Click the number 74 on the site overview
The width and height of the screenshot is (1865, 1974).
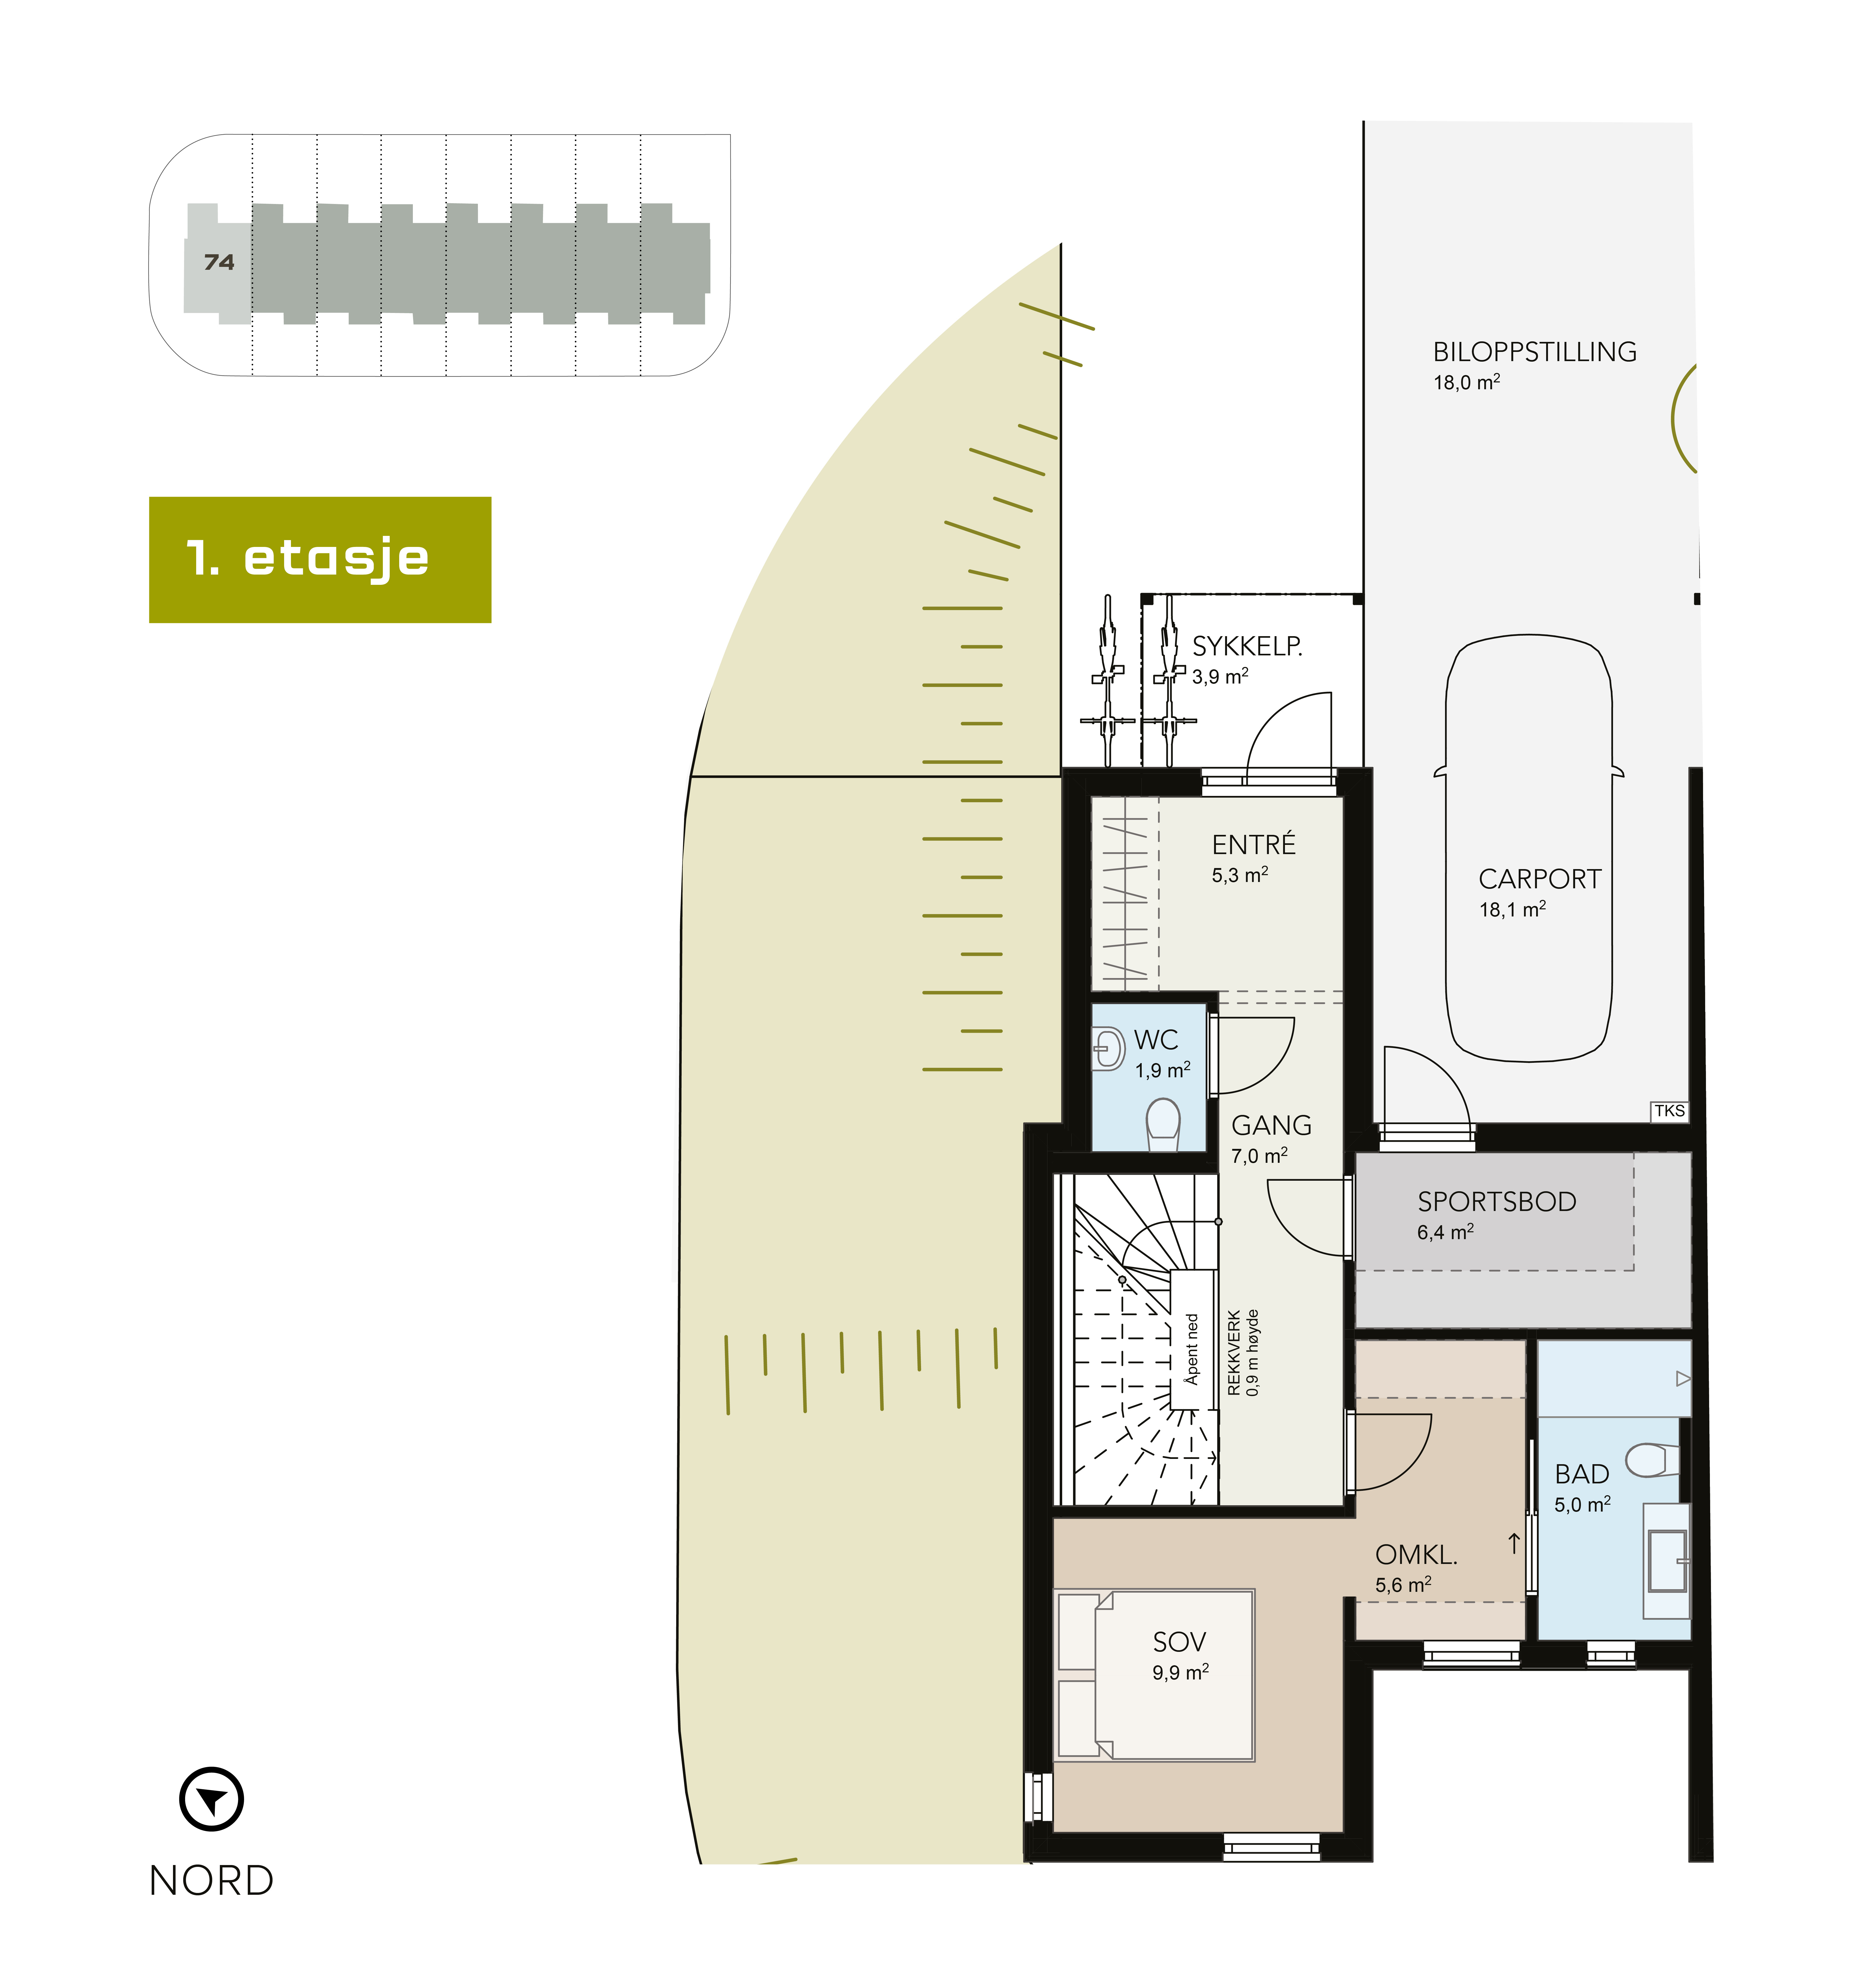[219, 262]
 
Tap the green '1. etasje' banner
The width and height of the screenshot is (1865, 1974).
[320, 560]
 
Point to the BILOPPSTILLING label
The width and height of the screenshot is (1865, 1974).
[1534, 352]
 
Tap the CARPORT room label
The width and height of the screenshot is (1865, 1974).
[1539, 880]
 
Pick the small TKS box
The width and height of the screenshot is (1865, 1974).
[1669, 1111]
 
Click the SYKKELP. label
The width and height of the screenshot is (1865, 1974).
[1247, 647]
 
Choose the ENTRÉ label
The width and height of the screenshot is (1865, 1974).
[1254, 845]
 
